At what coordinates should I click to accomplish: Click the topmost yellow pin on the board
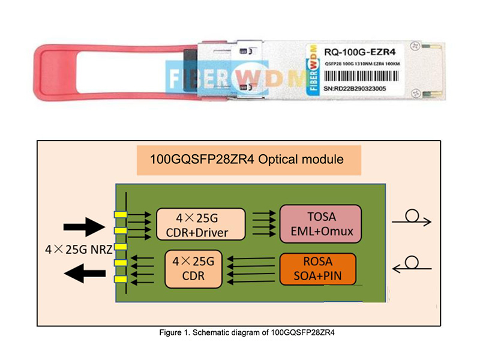120,214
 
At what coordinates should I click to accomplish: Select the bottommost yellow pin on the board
120,279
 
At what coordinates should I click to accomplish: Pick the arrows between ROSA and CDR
252,269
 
